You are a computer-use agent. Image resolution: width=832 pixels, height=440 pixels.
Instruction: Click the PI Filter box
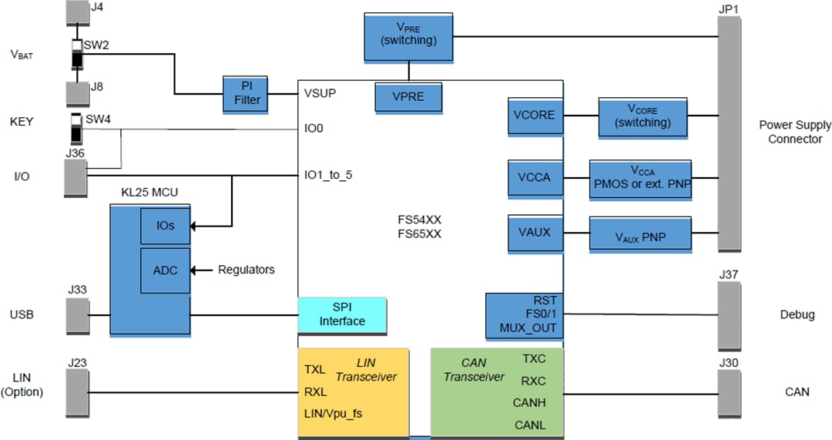[244, 93]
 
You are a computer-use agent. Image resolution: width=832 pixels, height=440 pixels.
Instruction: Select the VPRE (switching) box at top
[408, 36]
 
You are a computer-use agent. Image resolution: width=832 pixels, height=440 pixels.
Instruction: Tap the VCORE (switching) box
[643, 116]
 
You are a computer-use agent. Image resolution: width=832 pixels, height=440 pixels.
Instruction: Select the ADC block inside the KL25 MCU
[165, 270]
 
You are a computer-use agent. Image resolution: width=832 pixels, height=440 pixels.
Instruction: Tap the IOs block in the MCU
[165, 226]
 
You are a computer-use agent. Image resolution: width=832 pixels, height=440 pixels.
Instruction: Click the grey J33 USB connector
[77, 315]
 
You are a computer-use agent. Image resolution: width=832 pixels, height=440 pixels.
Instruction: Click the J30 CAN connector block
[730, 391]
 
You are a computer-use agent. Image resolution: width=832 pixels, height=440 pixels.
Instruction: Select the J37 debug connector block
[730, 314]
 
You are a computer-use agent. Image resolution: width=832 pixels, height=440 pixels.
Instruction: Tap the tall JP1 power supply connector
[730, 133]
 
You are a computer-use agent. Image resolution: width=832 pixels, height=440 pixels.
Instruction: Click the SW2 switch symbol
[77, 55]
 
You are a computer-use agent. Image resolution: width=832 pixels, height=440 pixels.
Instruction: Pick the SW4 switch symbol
[76, 129]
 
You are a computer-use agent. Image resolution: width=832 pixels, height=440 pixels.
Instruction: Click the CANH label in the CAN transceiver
[529, 402]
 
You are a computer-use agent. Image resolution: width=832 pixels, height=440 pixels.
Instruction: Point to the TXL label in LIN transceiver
[315, 369]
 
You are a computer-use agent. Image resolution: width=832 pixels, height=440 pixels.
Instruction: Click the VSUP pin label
[320, 93]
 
